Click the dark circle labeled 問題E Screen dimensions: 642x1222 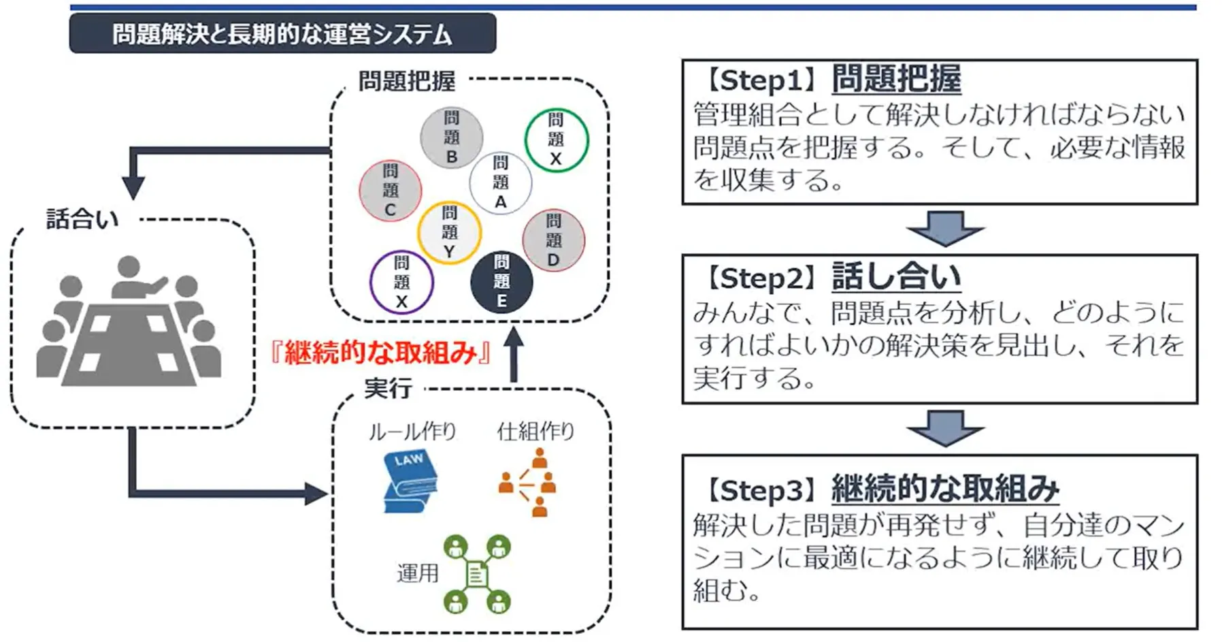(x=501, y=282)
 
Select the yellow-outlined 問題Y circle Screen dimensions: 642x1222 (x=449, y=232)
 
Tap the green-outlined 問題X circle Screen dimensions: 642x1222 (x=556, y=140)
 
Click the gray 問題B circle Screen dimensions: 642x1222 (x=451, y=138)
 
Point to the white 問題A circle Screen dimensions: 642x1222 (x=500, y=182)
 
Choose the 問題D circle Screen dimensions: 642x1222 (x=553, y=240)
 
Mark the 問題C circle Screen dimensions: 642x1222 (x=390, y=191)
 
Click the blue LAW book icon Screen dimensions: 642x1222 (x=410, y=482)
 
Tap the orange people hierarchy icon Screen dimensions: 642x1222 (x=528, y=482)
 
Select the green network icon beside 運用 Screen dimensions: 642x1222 (x=476, y=574)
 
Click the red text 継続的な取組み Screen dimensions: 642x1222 (x=380, y=353)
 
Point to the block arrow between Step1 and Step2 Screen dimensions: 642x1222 (x=944, y=228)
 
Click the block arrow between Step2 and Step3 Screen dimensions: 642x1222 (x=944, y=428)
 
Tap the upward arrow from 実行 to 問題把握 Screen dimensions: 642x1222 (x=514, y=354)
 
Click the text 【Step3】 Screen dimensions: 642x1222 (x=761, y=489)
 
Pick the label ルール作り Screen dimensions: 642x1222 (x=412, y=431)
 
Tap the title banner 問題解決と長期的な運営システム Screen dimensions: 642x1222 (x=282, y=33)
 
